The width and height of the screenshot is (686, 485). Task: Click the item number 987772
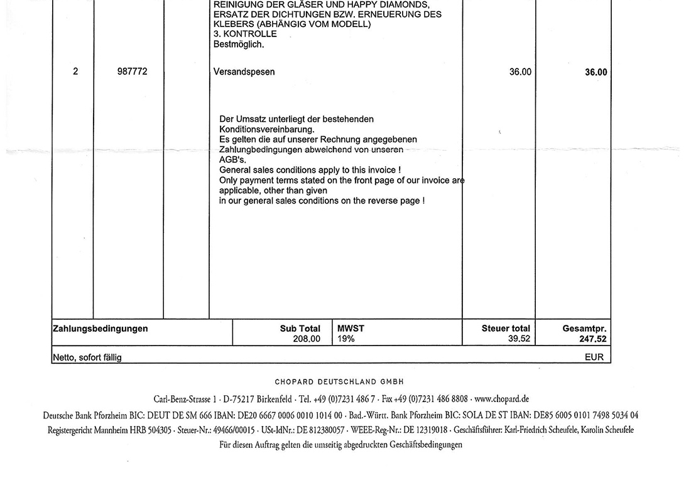click(132, 72)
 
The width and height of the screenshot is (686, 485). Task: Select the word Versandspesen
click(244, 72)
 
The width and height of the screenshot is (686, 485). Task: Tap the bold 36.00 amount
click(596, 72)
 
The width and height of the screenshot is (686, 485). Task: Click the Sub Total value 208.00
click(307, 339)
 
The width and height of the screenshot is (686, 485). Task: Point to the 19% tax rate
click(346, 339)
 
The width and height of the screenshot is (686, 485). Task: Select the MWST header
click(351, 329)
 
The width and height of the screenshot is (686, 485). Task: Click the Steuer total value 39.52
click(519, 339)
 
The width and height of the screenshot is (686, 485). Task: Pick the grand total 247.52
click(593, 339)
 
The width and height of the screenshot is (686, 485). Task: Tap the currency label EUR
click(594, 357)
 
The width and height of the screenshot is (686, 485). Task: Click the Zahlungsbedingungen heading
click(101, 329)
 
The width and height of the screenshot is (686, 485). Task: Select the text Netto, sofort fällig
click(87, 357)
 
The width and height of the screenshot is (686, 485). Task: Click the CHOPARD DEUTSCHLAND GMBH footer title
click(339, 381)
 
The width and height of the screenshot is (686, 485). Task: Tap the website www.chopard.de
click(501, 399)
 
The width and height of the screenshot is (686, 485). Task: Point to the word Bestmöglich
click(239, 45)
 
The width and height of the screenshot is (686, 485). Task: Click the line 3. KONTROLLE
click(245, 35)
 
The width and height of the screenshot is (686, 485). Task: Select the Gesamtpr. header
click(584, 329)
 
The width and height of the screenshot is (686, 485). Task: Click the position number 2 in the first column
click(75, 72)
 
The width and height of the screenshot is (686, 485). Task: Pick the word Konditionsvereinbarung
click(266, 129)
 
